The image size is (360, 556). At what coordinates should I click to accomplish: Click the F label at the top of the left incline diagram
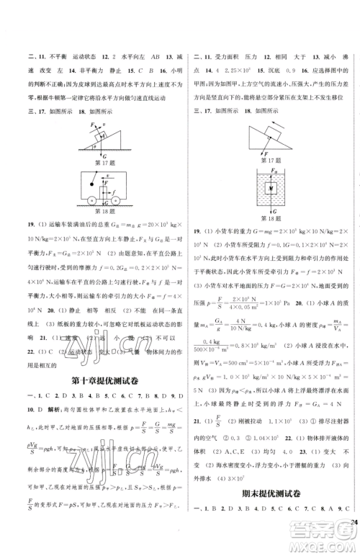(x=83, y=126)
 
